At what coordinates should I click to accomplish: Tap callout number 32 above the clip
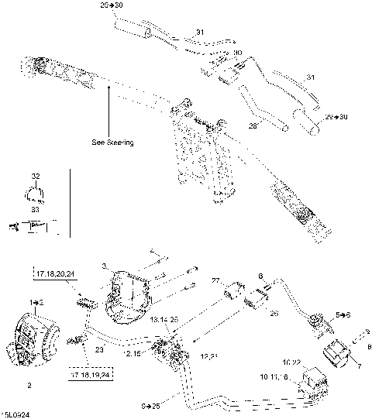click(35, 177)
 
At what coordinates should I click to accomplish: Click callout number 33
click(35, 209)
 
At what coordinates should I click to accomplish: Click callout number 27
click(215, 280)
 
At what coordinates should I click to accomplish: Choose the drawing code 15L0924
click(15, 414)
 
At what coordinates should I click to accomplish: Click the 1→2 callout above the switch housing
click(36, 299)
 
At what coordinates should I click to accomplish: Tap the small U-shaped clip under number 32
click(35, 194)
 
